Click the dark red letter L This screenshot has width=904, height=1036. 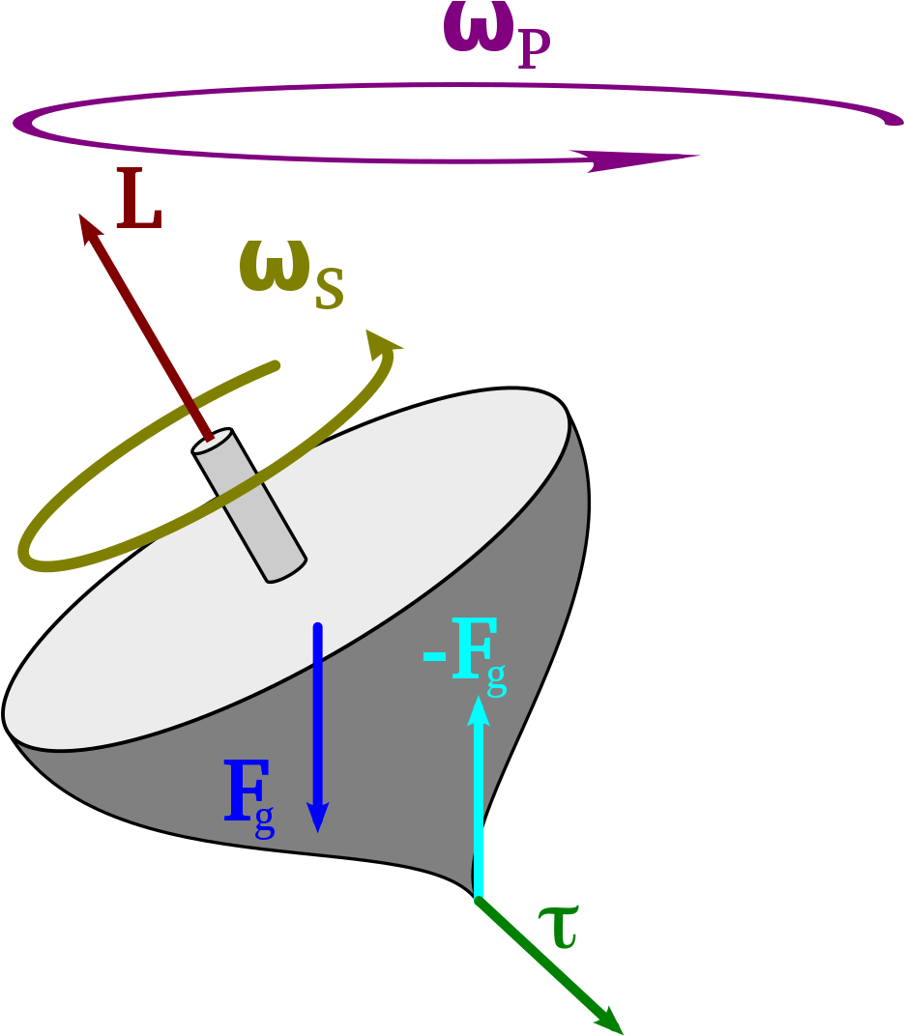[138, 201]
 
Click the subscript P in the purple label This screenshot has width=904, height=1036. [533, 48]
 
